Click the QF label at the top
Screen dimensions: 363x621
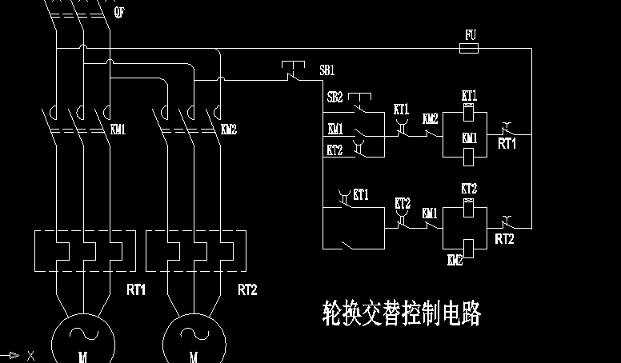click(x=119, y=13)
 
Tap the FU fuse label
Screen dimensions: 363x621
click(x=471, y=35)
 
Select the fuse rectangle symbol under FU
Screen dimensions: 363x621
click(x=471, y=48)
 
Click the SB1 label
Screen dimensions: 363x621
click(x=327, y=70)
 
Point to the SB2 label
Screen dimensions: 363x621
click(x=335, y=97)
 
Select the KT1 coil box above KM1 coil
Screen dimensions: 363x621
click(x=470, y=110)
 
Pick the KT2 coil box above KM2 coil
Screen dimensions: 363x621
click(x=469, y=203)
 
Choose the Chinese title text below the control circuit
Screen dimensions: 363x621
click(x=401, y=313)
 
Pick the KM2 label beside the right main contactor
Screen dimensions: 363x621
click(x=228, y=129)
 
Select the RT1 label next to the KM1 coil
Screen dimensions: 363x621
click(x=507, y=144)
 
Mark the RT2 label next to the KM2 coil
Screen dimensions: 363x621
click(x=504, y=238)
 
